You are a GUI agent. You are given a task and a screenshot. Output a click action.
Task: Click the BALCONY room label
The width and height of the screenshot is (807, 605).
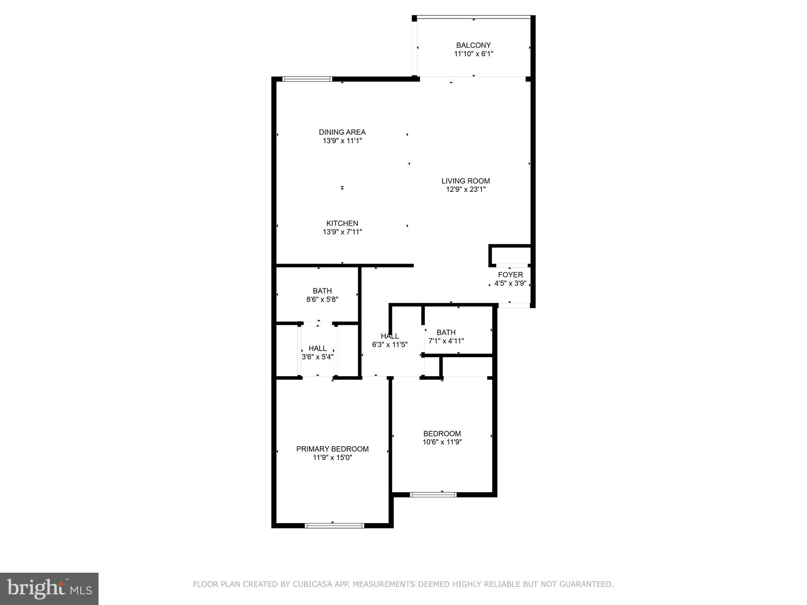click(x=473, y=45)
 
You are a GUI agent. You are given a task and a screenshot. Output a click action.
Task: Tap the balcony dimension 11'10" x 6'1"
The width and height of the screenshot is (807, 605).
click(x=474, y=54)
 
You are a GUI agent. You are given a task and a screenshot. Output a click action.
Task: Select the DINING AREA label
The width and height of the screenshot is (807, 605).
click(x=342, y=132)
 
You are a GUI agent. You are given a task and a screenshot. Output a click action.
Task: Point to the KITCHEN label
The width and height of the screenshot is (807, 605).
click(x=342, y=223)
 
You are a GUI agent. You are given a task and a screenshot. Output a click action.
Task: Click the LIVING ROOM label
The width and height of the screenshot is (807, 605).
click(x=465, y=181)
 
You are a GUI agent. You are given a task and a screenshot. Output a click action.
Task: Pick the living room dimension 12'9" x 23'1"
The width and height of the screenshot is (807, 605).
click(x=465, y=189)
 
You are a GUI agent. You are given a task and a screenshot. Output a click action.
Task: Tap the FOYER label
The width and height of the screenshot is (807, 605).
click(x=510, y=275)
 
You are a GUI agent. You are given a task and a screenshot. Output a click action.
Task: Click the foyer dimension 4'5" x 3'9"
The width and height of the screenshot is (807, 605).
click(x=510, y=284)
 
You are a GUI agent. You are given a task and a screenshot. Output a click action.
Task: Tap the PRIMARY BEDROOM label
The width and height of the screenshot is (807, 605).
click(x=332, y=449)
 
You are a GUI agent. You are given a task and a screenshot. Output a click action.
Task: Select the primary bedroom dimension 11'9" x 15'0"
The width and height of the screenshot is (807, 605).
click(x=332, y=458)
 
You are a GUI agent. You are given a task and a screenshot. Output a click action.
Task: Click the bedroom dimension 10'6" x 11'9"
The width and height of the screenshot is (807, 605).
click(x=442, y=442)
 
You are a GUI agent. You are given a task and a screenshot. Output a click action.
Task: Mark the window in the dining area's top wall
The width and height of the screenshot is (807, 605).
click(x=307, y=79)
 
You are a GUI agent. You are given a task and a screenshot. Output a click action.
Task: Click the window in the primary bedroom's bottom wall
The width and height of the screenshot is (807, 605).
click(x=334, y=525)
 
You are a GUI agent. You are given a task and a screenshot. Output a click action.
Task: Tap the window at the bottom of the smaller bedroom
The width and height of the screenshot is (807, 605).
click(x=433, y=495)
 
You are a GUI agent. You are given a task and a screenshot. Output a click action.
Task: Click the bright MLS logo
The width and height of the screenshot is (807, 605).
click(x=49, y=588)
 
